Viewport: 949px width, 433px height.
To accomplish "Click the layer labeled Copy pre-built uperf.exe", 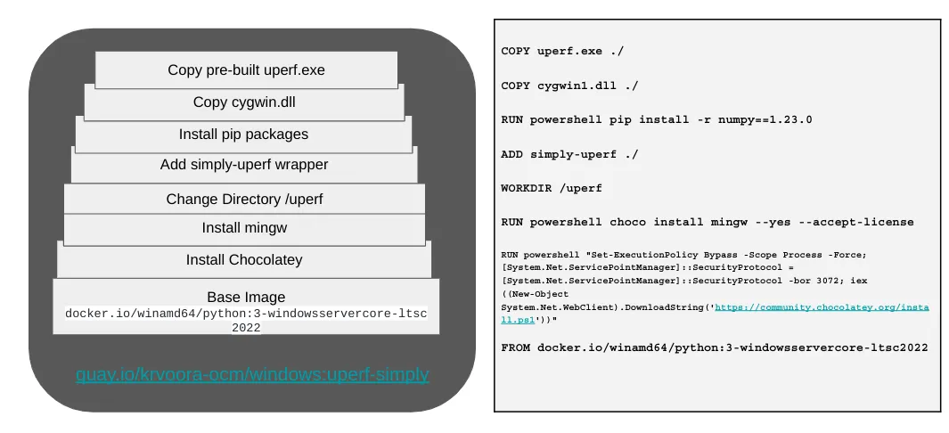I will tap(246, 69).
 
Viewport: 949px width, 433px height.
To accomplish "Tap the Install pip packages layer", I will tap(243, 134).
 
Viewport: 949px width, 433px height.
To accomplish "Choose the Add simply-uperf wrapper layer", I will tap(244, 165).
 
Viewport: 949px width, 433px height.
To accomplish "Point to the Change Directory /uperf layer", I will tap(244, 199).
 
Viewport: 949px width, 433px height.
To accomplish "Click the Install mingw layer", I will tap(244, 228).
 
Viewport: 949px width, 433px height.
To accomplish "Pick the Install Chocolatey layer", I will tap(244, 260).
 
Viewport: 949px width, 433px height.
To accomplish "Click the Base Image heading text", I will tap(246, 297).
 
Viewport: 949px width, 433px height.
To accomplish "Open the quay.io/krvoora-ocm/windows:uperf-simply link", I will tap(252, 374).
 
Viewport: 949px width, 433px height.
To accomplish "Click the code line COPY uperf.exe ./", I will tap(562, 52).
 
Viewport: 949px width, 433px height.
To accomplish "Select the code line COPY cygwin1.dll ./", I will tap(569, 86).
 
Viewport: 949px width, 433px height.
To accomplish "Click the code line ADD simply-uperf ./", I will tap(569, 154).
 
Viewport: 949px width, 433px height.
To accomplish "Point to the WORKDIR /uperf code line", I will tap(552, 188).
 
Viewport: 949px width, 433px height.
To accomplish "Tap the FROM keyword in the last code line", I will tap(516, 347).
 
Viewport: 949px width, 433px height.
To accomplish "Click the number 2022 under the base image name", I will tap(246, 327).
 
